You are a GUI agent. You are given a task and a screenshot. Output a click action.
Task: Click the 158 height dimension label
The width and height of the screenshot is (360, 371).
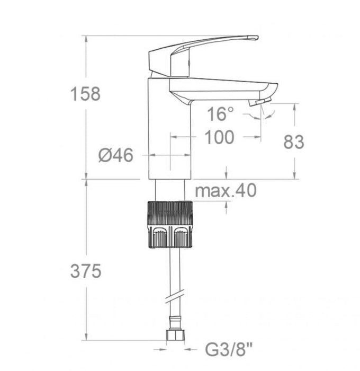pos(85,94)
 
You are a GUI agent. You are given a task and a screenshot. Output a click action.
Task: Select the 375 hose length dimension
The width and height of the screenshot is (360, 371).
pos(85,271)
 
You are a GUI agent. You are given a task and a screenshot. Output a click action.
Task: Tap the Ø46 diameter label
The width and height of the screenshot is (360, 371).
pos(115,155)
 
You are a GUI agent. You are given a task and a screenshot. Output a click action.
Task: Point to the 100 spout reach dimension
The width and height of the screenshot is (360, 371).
pos(219,137)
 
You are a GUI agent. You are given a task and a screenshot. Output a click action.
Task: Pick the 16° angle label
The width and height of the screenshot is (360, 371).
pos(220,113)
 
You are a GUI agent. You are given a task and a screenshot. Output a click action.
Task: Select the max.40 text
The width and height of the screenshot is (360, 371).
pos(226,191)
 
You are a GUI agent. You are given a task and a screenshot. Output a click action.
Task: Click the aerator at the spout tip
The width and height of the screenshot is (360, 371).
pos(262,101)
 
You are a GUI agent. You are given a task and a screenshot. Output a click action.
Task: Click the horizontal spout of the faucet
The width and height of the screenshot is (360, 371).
pos(222,87)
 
